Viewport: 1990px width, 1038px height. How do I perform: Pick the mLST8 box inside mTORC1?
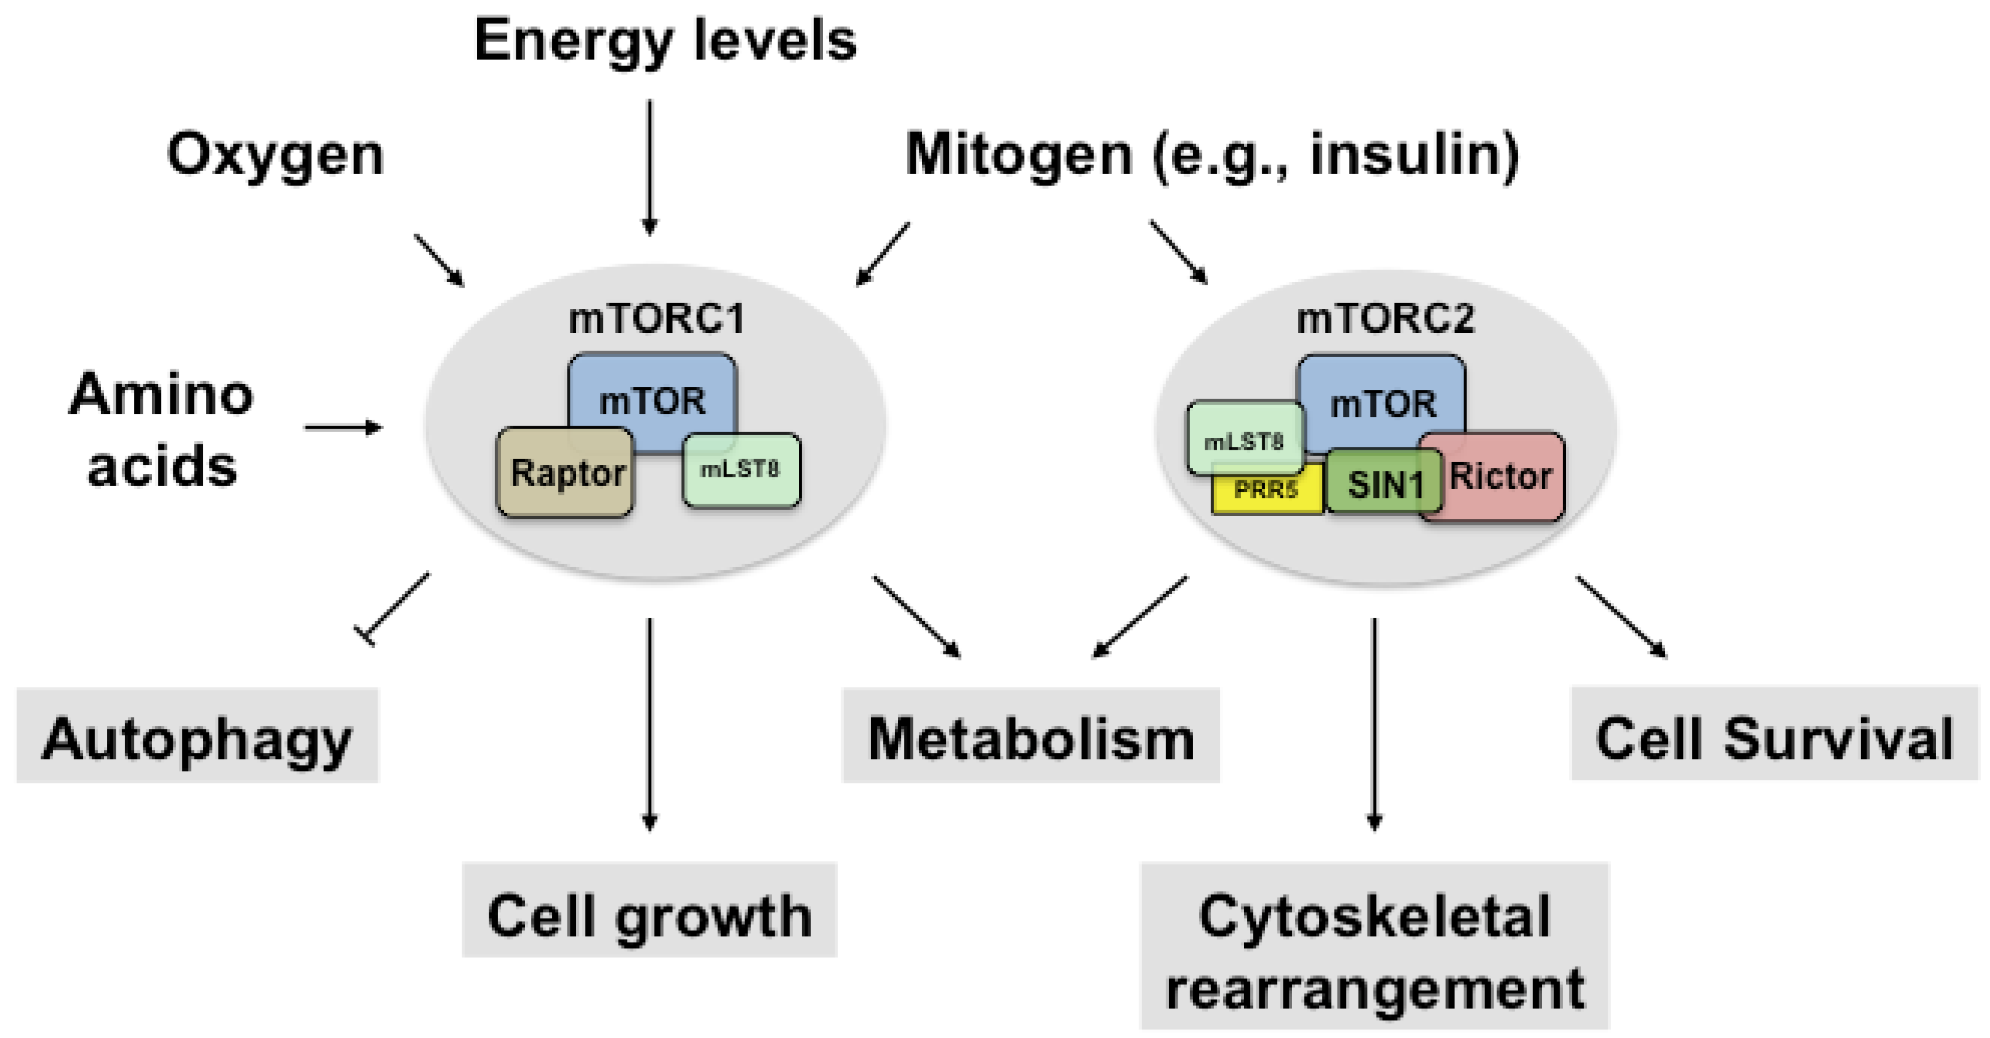741,470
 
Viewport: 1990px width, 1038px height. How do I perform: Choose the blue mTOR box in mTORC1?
652,399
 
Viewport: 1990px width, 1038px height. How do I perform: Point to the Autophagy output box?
197,737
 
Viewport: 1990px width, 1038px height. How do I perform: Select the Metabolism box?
1030,737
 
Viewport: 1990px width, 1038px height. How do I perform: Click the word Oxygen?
275,154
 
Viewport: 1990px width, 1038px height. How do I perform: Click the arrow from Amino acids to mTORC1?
343,427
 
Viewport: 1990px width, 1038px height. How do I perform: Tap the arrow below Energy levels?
650,166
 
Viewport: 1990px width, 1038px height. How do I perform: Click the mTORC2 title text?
1384,318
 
